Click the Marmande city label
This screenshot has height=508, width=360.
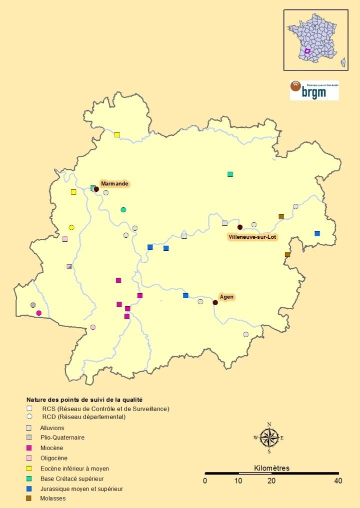tap(115, 184)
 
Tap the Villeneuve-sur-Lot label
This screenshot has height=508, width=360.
tap(252, 237)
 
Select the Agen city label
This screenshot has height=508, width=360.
tap(226, 297)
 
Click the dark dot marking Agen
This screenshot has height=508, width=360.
tap(215, 302)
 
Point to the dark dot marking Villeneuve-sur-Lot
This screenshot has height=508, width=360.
tap(240, 227)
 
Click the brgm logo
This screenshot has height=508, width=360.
tap(314, 90)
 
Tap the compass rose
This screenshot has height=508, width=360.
tap(269, 438)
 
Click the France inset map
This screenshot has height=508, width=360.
tap(315, 40)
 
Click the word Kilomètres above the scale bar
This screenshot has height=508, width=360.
tap(271, 468)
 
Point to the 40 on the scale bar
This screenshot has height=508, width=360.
tap(338, 481)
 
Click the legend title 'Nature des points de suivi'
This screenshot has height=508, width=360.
tap(84, 400)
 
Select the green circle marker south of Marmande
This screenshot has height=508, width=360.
tap(123, 209)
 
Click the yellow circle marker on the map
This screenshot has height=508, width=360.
tap(71, 227)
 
